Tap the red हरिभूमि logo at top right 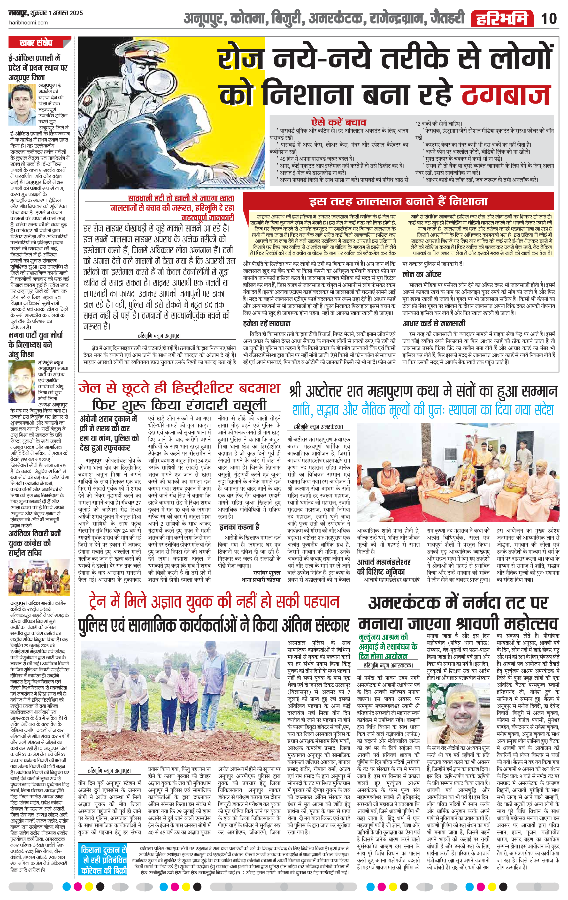[502, 19]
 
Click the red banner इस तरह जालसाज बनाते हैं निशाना [399, 202]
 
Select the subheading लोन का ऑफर [422, 274]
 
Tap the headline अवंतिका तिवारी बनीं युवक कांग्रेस [35, 543]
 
